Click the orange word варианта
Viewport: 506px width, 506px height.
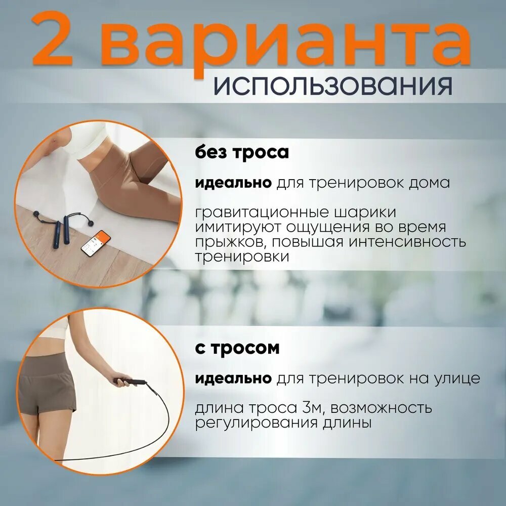[x=288, y=44]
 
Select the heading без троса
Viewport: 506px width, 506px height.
[x=241, y=152]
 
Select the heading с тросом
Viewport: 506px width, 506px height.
[x=237, y=349]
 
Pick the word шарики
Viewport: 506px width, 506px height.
[x=368, y=212]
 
